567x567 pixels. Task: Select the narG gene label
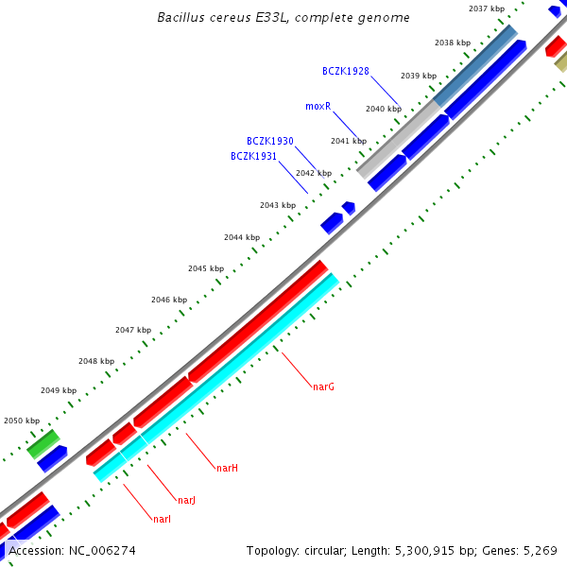pos(323,387)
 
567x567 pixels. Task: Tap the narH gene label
pos(227,468)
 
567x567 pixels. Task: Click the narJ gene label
pos(186,500)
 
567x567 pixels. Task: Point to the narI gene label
pos(162,519)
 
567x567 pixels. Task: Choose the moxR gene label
pos(318,107)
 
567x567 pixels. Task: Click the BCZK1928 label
pos(345,71)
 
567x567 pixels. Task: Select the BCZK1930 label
pos(269,141)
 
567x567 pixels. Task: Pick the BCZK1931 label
pos(253,156)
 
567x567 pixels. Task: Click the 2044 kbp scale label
pos(241,237)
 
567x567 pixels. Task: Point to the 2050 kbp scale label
pos(22,421)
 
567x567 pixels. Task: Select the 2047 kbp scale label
pos(133,330)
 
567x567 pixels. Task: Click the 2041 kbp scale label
pos(348,141)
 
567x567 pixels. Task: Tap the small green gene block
pos(43,442)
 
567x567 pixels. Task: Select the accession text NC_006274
pos(72,550)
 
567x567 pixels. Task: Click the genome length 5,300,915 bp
pos(431,550)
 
